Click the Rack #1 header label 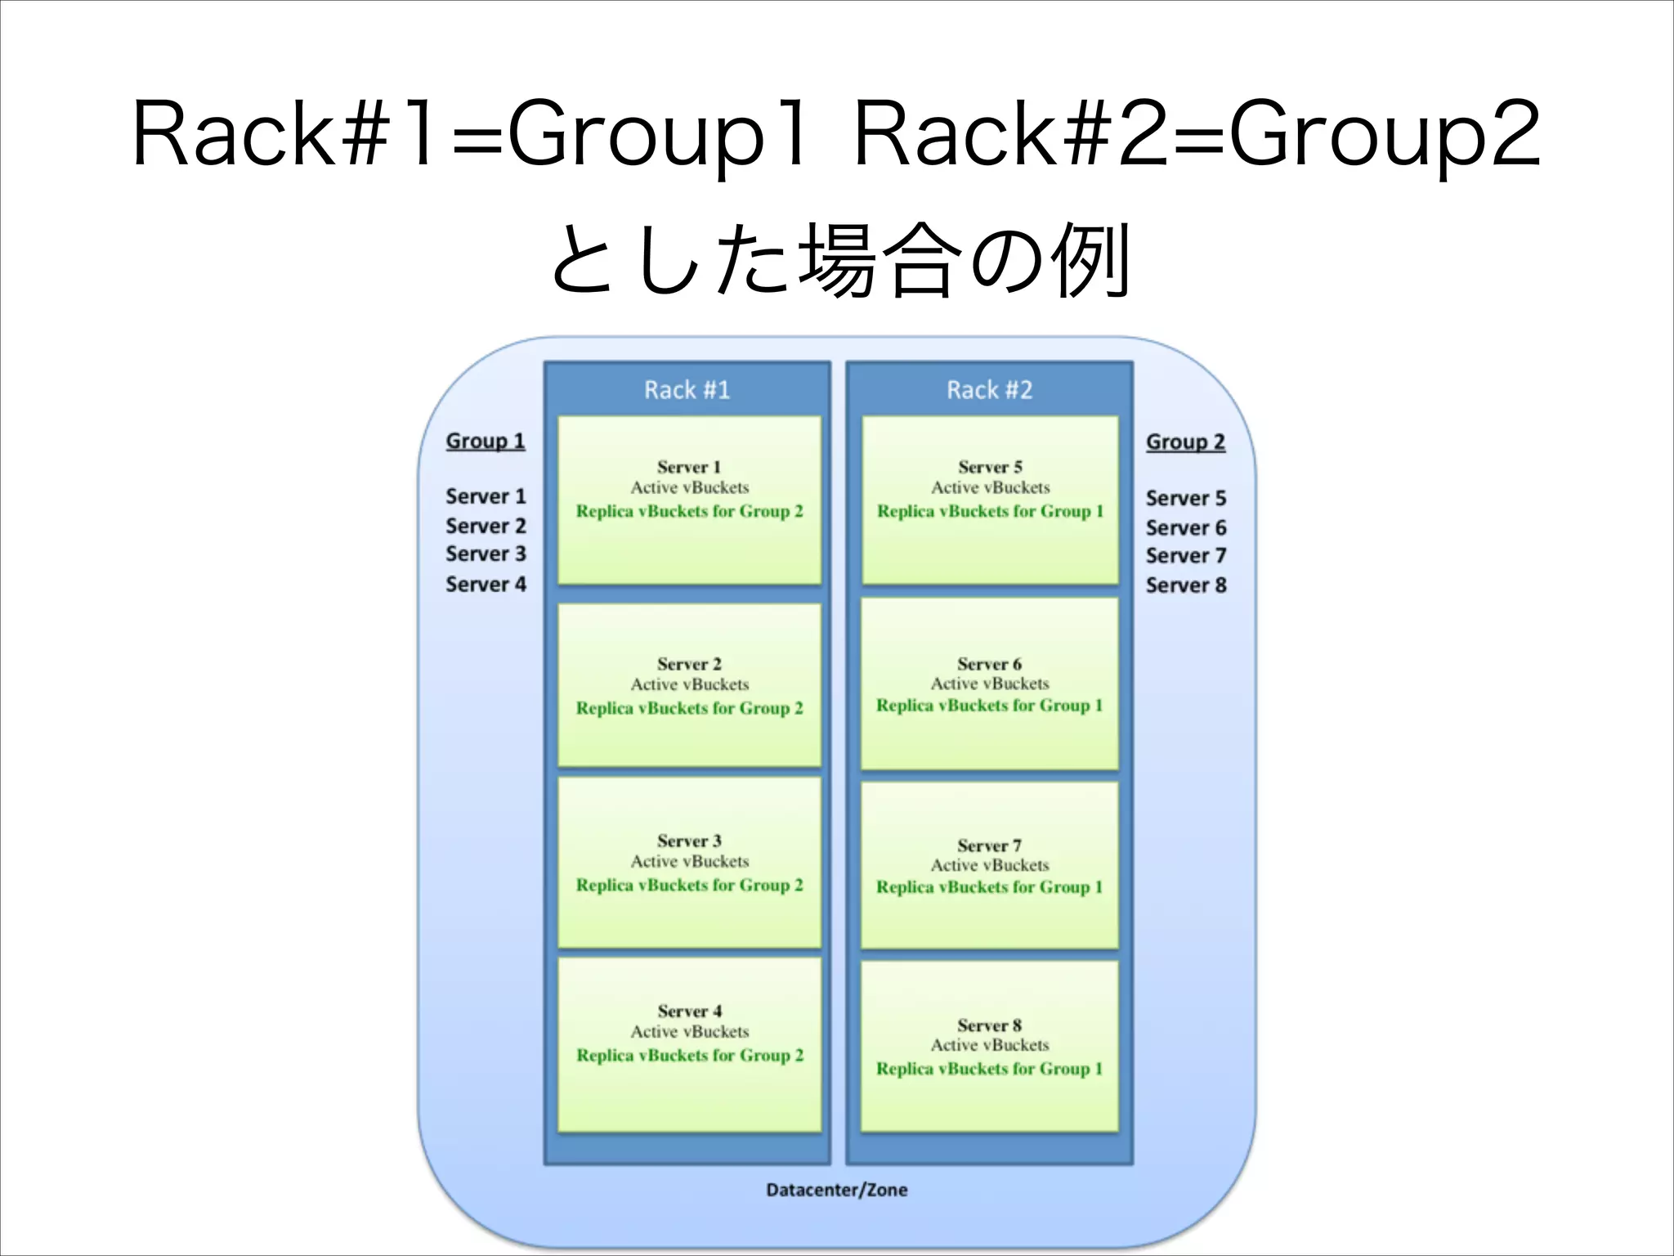(687, 390)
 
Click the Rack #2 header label (989, 390)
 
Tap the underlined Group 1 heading (485, 441)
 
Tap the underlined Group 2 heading (1185, 442)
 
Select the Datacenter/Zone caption (836, 1190)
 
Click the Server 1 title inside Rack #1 (689, 467)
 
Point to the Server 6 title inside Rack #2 (989, 664)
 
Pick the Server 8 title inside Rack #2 (989, 1025)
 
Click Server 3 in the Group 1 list (486, 554)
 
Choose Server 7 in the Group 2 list (1185, 555)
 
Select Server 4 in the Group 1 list (486, 584)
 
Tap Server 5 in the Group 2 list (1185, 498)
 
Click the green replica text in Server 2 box (689, 708)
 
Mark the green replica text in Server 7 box (989, 887)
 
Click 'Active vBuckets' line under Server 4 (689, 1032)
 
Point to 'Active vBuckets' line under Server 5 (990, 487)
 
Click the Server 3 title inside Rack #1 (689, 841)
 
